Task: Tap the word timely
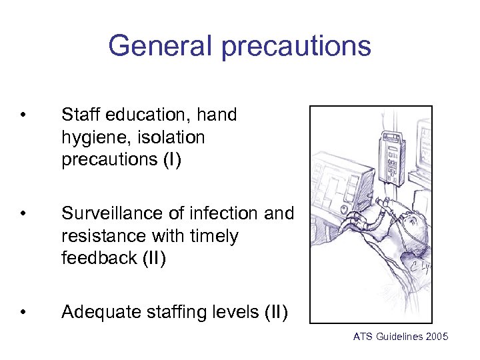coord(213,236)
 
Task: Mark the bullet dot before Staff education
coord(24,115)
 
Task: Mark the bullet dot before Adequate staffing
coord(24,312)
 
